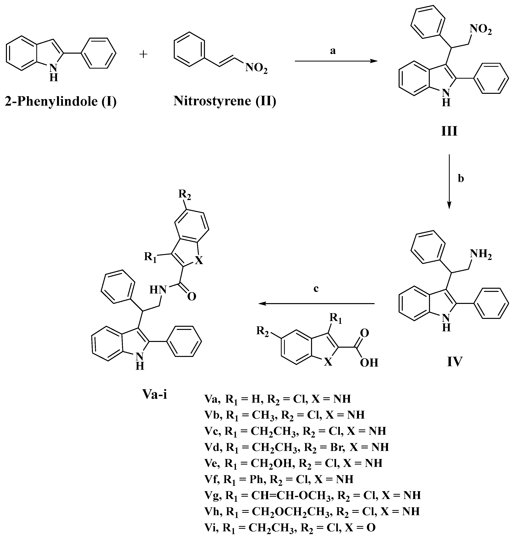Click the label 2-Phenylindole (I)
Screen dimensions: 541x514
(x=61, y=101)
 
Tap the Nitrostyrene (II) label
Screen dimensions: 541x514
(x=225, y=101)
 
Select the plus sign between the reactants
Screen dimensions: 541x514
(x=143, y=54)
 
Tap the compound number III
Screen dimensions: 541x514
(x=449, y=132)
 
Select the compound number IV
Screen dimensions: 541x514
(x=455, y=361)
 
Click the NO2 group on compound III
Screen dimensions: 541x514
(x=481, y=30)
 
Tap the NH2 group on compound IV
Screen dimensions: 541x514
(x=481, y=255)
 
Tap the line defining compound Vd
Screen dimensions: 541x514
(x=296, y=447)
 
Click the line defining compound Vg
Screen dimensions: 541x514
(x=312, y=495)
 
